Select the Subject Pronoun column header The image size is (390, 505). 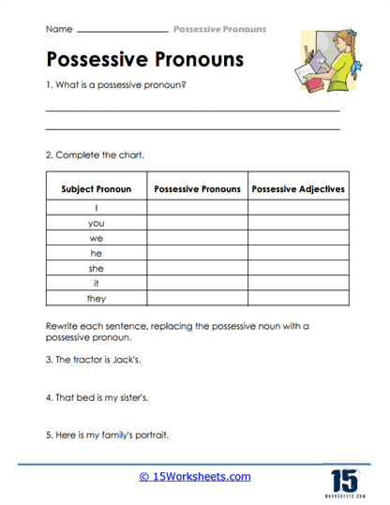pos(96,189)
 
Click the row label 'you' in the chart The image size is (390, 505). pos(96,224)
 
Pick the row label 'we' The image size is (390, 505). pos(96,239)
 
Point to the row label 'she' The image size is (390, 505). pos(96,269)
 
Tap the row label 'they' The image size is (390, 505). pos(96,299)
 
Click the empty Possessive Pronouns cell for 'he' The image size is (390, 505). pos(197,254)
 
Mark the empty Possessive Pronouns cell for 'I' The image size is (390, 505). pos(197,209)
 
